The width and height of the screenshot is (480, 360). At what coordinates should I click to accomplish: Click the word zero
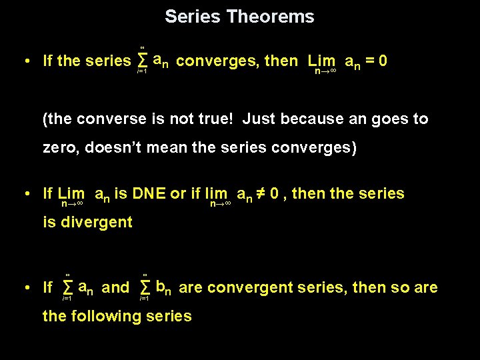tap(61, 148)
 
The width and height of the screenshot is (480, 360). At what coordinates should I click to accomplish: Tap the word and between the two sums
tap(116, 288)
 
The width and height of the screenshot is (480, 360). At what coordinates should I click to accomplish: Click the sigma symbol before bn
tap(145, 288)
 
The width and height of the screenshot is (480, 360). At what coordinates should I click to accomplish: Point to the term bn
tap(164, 288)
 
